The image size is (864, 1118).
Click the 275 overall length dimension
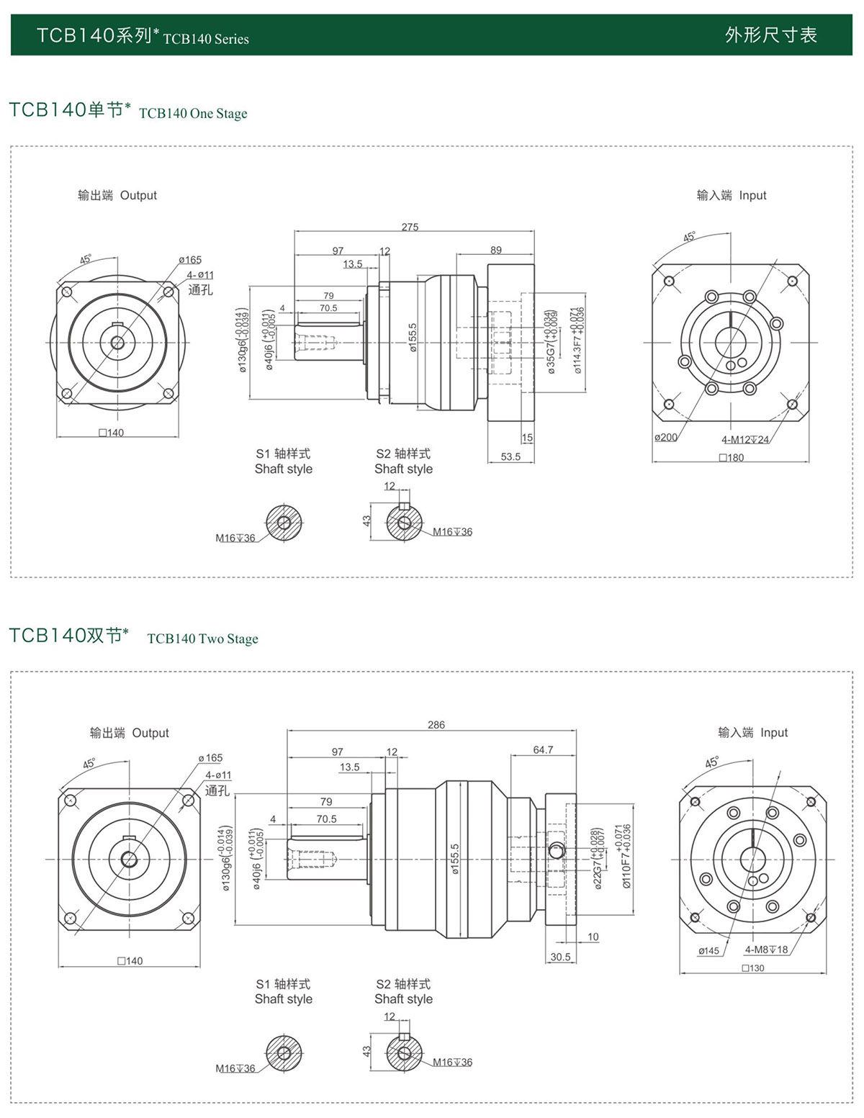point(410,227)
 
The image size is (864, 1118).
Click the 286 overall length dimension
point(436,725)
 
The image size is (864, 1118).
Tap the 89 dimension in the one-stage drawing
point(496,250)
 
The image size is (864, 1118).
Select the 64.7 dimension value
point(543,749)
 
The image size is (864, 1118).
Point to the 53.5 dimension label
point(510,456)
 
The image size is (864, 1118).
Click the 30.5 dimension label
point(560,957)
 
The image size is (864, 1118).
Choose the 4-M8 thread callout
point(766,950)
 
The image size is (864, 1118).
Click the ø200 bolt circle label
point(666,437)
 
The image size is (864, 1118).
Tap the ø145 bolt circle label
point(708,950)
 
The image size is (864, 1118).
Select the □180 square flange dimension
point(732,458)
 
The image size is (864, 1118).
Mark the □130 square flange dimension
point(753,968)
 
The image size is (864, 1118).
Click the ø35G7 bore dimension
point(552,342)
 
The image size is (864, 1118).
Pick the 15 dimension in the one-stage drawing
point(527,437)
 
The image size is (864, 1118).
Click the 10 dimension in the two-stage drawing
point(593,937)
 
